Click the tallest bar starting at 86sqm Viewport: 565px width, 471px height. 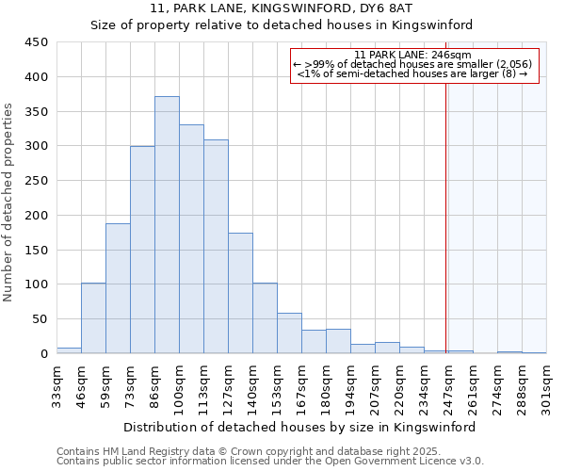(167, 225)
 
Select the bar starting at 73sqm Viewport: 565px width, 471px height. (142, 250)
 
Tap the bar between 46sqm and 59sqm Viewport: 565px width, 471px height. (93, 318)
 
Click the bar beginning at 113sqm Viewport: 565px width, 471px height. (216, 247)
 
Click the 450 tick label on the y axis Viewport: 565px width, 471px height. (36, 42)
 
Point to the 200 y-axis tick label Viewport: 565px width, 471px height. (36, 216)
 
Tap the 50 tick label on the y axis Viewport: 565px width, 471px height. (40, 319)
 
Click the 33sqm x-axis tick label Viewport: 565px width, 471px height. (57, 385)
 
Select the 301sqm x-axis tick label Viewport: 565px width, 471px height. (547, 385)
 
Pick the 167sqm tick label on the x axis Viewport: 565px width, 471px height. (302, 385)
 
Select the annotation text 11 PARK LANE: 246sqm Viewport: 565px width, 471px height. (413, 55)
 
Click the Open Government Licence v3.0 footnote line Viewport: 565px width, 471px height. (270, 462)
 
